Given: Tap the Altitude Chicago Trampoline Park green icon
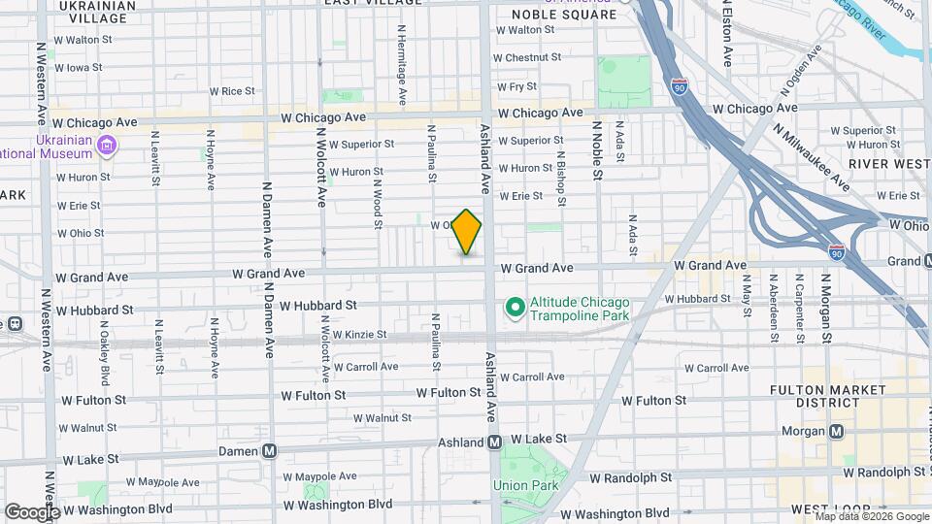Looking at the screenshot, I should pyautogui.click(x=515, y=309).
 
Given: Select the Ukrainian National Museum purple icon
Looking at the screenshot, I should pyautogui.click(x=108, y=146).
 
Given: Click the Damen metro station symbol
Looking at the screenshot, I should pyautogui.click(x=270, y=451).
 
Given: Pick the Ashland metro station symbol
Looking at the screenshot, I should pyautogui.click(x=494, y=442).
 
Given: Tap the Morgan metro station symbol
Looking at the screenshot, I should pyautogui.click(x=836, y=431).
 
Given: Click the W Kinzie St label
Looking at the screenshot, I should pyautogui.click(x=359, y=335).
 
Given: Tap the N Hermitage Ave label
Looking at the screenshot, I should pyautogui.click(x=401, y=64).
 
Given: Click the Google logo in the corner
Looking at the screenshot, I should pyautogui.click(x=32, y=512).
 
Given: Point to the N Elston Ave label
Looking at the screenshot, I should pyautogui.click(x=727, y=34).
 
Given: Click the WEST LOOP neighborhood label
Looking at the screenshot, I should pyautogui.click(x=822, y=509).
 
